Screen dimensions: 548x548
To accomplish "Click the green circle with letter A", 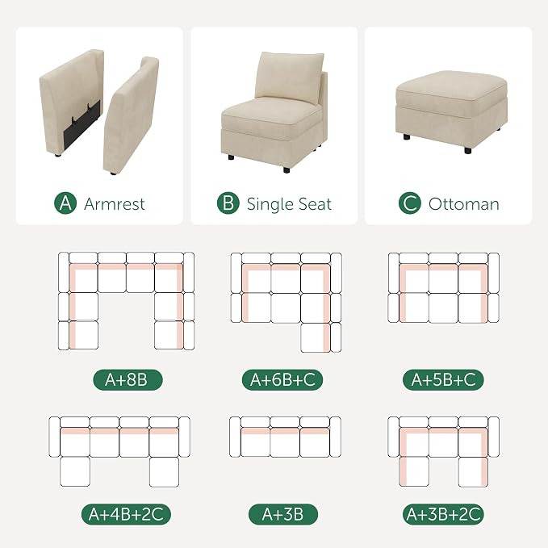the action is pyautogui.click(x=65, y=203).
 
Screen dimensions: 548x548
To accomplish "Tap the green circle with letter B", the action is pyautogui.click(x=228, y=203).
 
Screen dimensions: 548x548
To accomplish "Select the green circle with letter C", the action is pyautogui.click(x=410, y=203).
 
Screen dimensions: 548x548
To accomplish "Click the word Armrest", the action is pyautogui.click(x=115, y=204).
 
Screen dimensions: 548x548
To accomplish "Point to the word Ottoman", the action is pyautogui.click(x=464, y=204).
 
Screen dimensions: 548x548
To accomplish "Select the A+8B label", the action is pyautogui.click(x=128, y=379).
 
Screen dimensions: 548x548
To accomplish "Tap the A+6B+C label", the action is pyautogui.click(x=282, y=379).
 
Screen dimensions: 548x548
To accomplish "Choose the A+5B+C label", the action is pyautogui.click(x=443, y=379).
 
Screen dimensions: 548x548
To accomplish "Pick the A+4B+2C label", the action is pyautogui.click(x=126, y=514).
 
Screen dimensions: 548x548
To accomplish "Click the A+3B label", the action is pyautogui.click(x=283, y=514).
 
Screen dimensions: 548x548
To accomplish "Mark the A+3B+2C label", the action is pyautogui.click(x=443, y=514).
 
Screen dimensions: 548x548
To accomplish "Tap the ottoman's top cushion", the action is pyautogui.click(x=451, y=90).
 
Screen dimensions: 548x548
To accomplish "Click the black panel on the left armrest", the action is pyautogui.click(x=82, y=123).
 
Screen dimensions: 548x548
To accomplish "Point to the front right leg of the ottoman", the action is pyautogui.click(x=467, y=150).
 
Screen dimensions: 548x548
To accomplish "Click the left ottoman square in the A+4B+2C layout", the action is pyautogui.click(x=75, y=472).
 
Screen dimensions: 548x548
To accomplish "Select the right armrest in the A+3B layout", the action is pyautogui.click(x=336, y=437).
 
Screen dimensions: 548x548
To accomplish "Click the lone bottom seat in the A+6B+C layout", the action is pyautogui.click(x=316, y=337).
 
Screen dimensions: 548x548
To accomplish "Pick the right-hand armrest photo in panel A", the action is pyautogui.click(x=131, y=115).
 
